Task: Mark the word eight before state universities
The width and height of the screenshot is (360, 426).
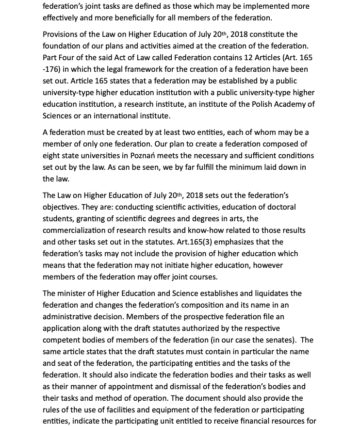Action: click(51, 155)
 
